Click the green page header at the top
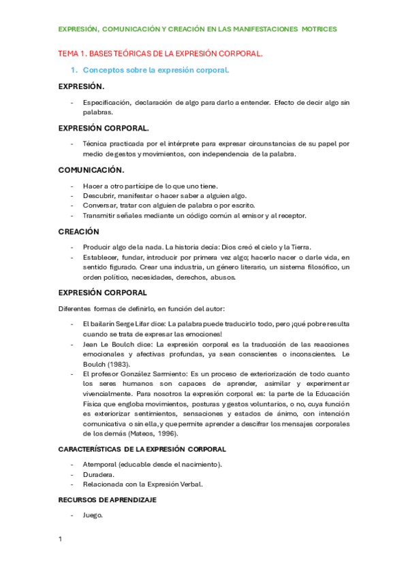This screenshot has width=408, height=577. pyautogui.click(x=197, y=29)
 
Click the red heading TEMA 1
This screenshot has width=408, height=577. pyautogui.click(x=160, y=53)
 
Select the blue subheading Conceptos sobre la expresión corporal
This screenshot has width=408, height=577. pyautogui.click(x=155, y=70)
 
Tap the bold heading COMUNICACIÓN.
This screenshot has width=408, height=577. pyautogui.click(x=91, y=170)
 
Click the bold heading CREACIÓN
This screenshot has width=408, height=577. pyautogui.click(x=79, y=231)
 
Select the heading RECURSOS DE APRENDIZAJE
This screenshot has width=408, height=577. pyautogui.click(x=108, y=499)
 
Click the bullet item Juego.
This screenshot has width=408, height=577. pyautogui.click(x=93, y=515)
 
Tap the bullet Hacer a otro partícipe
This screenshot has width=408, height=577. pyautogui.click(x=132, y=186)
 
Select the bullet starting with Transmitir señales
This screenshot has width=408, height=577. pyautogui.click(x=194, y=216)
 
